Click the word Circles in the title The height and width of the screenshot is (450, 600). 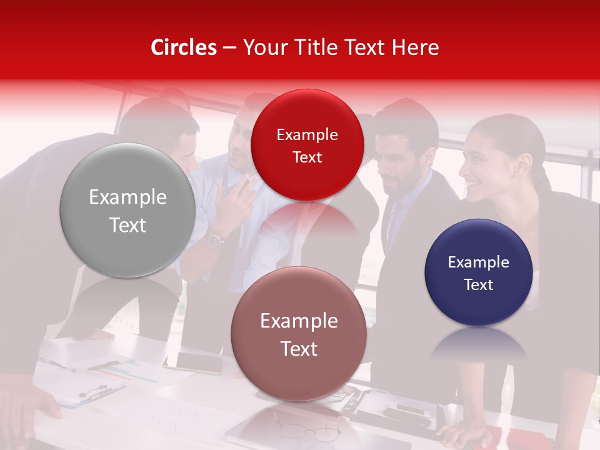tap(183, 47)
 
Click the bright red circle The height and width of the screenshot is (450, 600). tap(307, 145)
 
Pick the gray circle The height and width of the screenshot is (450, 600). tap(127, 210)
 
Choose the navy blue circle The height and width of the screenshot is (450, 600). tap(478, 272)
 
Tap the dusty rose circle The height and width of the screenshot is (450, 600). tap(299, 334)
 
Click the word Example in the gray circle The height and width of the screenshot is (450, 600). tap(127, 197)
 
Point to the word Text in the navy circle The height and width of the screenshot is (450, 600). tap(479, 285)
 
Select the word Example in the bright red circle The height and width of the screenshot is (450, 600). tap(307, 135)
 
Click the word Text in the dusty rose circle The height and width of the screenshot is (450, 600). tap(299, 349)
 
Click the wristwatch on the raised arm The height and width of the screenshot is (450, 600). tap(216, 239)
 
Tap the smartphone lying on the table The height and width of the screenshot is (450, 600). tap(199, 361)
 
